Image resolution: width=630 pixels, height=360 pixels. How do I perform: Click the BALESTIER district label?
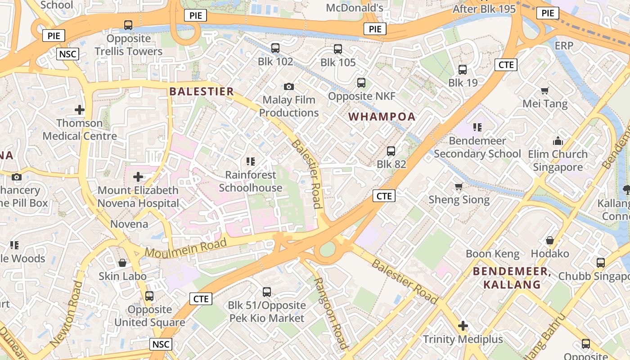pyautogui.click(x=202, y=91)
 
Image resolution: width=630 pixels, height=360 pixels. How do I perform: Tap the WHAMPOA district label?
pyautogui.click(x=382, y=117)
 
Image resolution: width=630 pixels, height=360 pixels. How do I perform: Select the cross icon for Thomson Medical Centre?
pyautogui.click(x=80, y=109)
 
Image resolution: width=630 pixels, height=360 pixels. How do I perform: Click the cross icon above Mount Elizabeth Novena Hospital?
pyautogui.click(x=138, y=177)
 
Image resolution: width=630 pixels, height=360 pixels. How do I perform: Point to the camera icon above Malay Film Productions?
pyautogui.click(x=289, y=86)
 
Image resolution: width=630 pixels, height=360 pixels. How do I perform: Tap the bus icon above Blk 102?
pyautogui.click(x=275, y=48)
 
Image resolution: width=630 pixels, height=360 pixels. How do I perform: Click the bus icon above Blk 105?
pyautogui.click(x=338, y=49)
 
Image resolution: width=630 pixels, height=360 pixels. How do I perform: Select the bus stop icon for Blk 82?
pyautogui.click(x=391, y=151)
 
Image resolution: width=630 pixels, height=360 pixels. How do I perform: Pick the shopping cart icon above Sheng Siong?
pyautogui.click(x=459, y=186)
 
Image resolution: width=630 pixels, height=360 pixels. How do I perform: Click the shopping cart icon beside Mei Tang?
pyautogui.click(x=545, y=90)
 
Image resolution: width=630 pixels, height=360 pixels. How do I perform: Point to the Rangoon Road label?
pyautogui.click(x=331, y=313)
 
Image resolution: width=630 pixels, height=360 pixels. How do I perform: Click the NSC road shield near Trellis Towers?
pyautogui.click(x=68, y=54)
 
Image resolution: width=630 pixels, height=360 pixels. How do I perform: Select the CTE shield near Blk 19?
pyautogui.click(x=506, y=65)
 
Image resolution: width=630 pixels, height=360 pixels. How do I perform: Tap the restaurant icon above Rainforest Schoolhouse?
pyautogui.click(x=251, y=161)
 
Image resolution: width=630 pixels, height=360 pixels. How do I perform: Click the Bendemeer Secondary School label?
pyautogui.click(x=477, y=147)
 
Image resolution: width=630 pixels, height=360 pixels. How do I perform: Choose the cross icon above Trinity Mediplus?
pyautogui.click(x=463, y=326)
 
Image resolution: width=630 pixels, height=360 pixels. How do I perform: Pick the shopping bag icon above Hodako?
pyautogui.click(x=549, y=240)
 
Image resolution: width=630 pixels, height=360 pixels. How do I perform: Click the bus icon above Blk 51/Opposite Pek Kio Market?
pyautogui.click(x=267, y=292)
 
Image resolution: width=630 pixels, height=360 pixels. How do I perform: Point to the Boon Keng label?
pyautogui.click(x=492, y=254)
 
